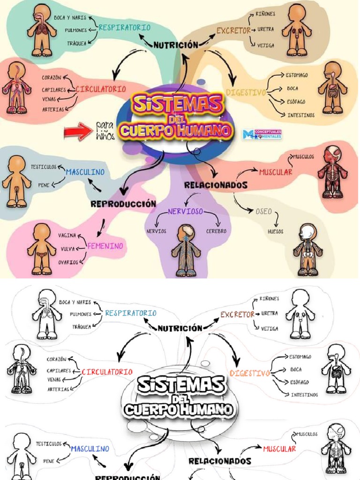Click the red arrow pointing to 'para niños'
(x=79, y=131)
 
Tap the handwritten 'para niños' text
(x=105, y=131)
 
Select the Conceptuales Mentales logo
(x=262, y=134)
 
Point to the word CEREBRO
(x=216, y=231)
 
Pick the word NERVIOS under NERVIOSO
(x=156, y=231)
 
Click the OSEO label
(x=263, y=211)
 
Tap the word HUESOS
(x=275, y=231)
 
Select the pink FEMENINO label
(x=105, y=246)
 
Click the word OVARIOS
(x=68, y=262)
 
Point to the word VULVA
(x=68, y=249)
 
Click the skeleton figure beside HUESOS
(x=307, y=249)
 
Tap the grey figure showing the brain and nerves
(x=186, y=250)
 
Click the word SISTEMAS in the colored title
(x=177, y=103)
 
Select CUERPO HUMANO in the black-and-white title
(x=179, y=410)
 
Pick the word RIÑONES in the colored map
(x=265, y=14)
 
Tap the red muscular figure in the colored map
(x=332, y=172)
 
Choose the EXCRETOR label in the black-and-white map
(x=237, y=315)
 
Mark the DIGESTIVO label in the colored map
(x=246, y=92)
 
